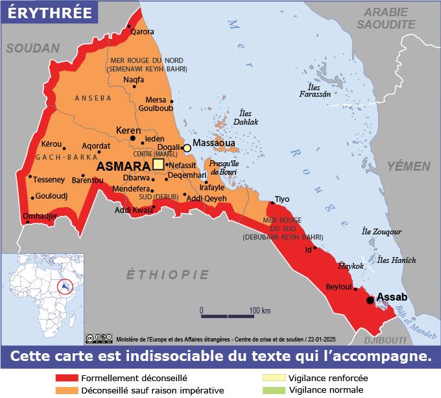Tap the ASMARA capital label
(123, 166)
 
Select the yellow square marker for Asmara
(158, 164)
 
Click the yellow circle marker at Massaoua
(187, 148)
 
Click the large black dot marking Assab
(370, 300)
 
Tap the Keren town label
(128, 131)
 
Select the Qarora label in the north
(143, 31)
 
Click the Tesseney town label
(49, 180)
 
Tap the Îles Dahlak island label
(245, 118)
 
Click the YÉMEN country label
(409, 166)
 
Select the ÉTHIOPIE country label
(167, 275)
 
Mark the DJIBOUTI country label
(385, 340)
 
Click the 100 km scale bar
(227, 316)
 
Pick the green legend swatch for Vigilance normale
(273, 390)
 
